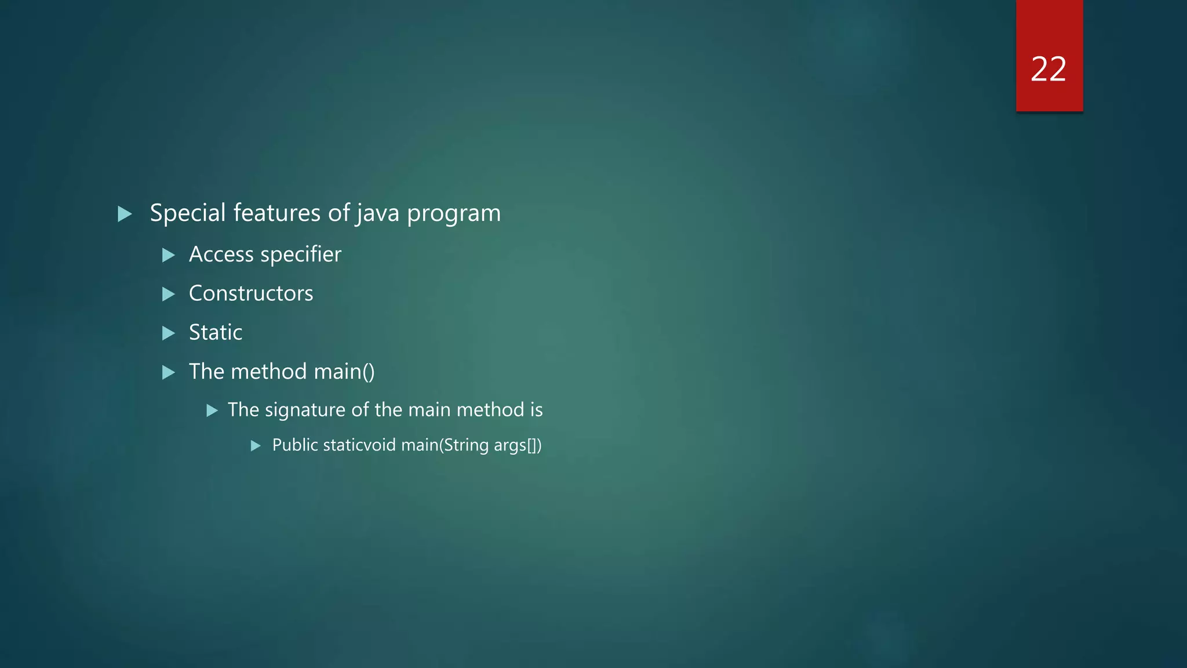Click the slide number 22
1048,70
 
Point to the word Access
221,255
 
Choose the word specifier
301,255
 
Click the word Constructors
251,293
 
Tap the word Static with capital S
216,332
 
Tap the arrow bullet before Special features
125,214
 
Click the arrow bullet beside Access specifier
169,255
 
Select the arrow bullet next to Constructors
169,294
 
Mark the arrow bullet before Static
169,333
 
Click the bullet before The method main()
169,372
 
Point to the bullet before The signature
212,411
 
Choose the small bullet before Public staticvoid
256,446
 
